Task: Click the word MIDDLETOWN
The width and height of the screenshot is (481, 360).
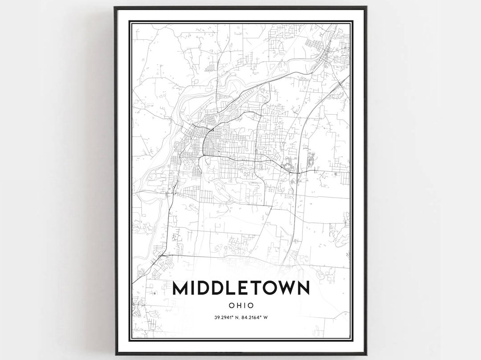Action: point(241,288)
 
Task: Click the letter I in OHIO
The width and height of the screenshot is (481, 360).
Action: point(245,306)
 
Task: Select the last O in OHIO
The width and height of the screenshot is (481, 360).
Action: point(251,306)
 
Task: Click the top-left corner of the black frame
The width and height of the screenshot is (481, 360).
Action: point(115,8)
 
